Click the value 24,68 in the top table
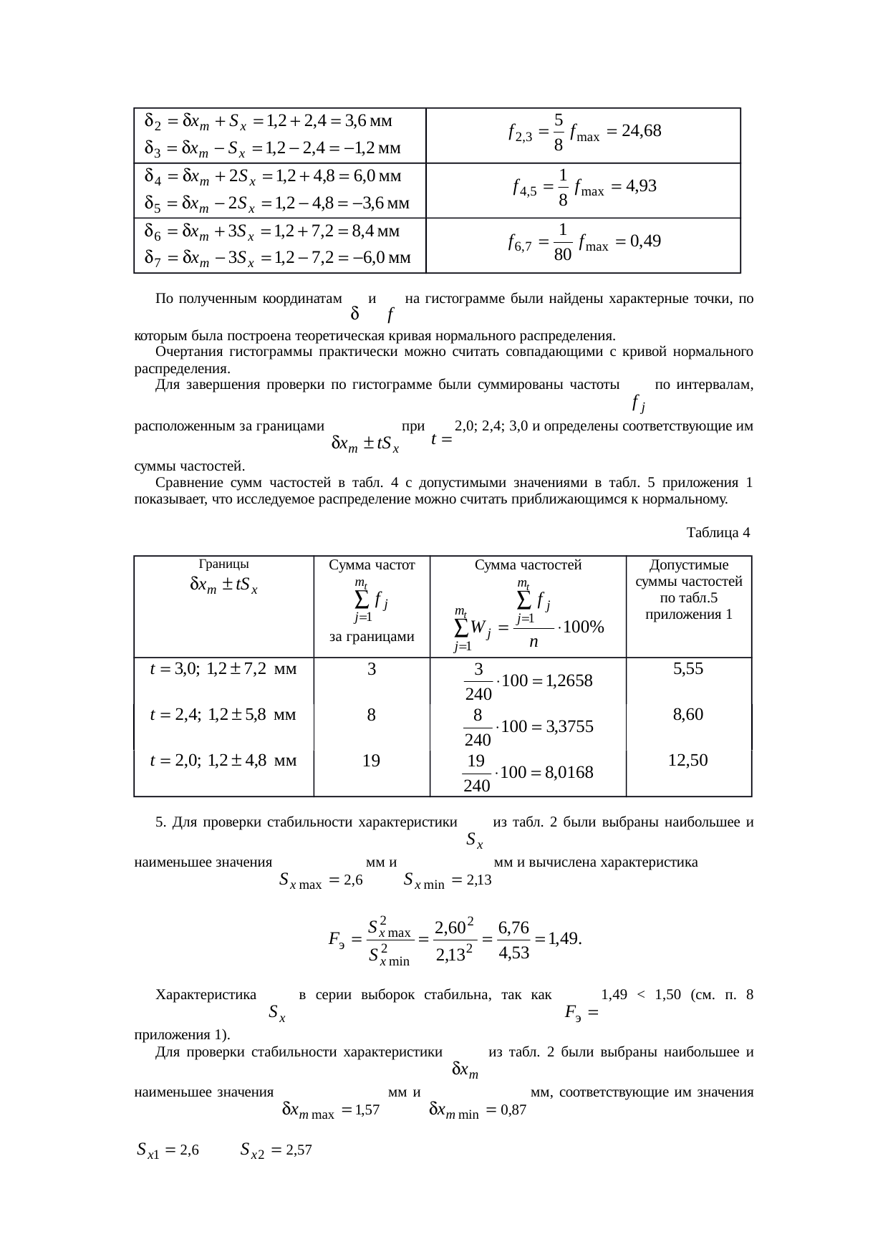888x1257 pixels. (641, 131)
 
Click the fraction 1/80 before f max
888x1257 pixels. (563, 242)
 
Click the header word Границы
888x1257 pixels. (224, 564)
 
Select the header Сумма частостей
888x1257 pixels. (528, 565)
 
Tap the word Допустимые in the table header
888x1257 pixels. (688, 566)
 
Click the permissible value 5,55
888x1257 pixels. (688, 669)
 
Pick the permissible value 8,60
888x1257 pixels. (688, 714)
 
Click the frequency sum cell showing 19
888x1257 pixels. (371, 761)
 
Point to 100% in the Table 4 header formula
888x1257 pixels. (584, 627)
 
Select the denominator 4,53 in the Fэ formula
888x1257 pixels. (513, 953)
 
